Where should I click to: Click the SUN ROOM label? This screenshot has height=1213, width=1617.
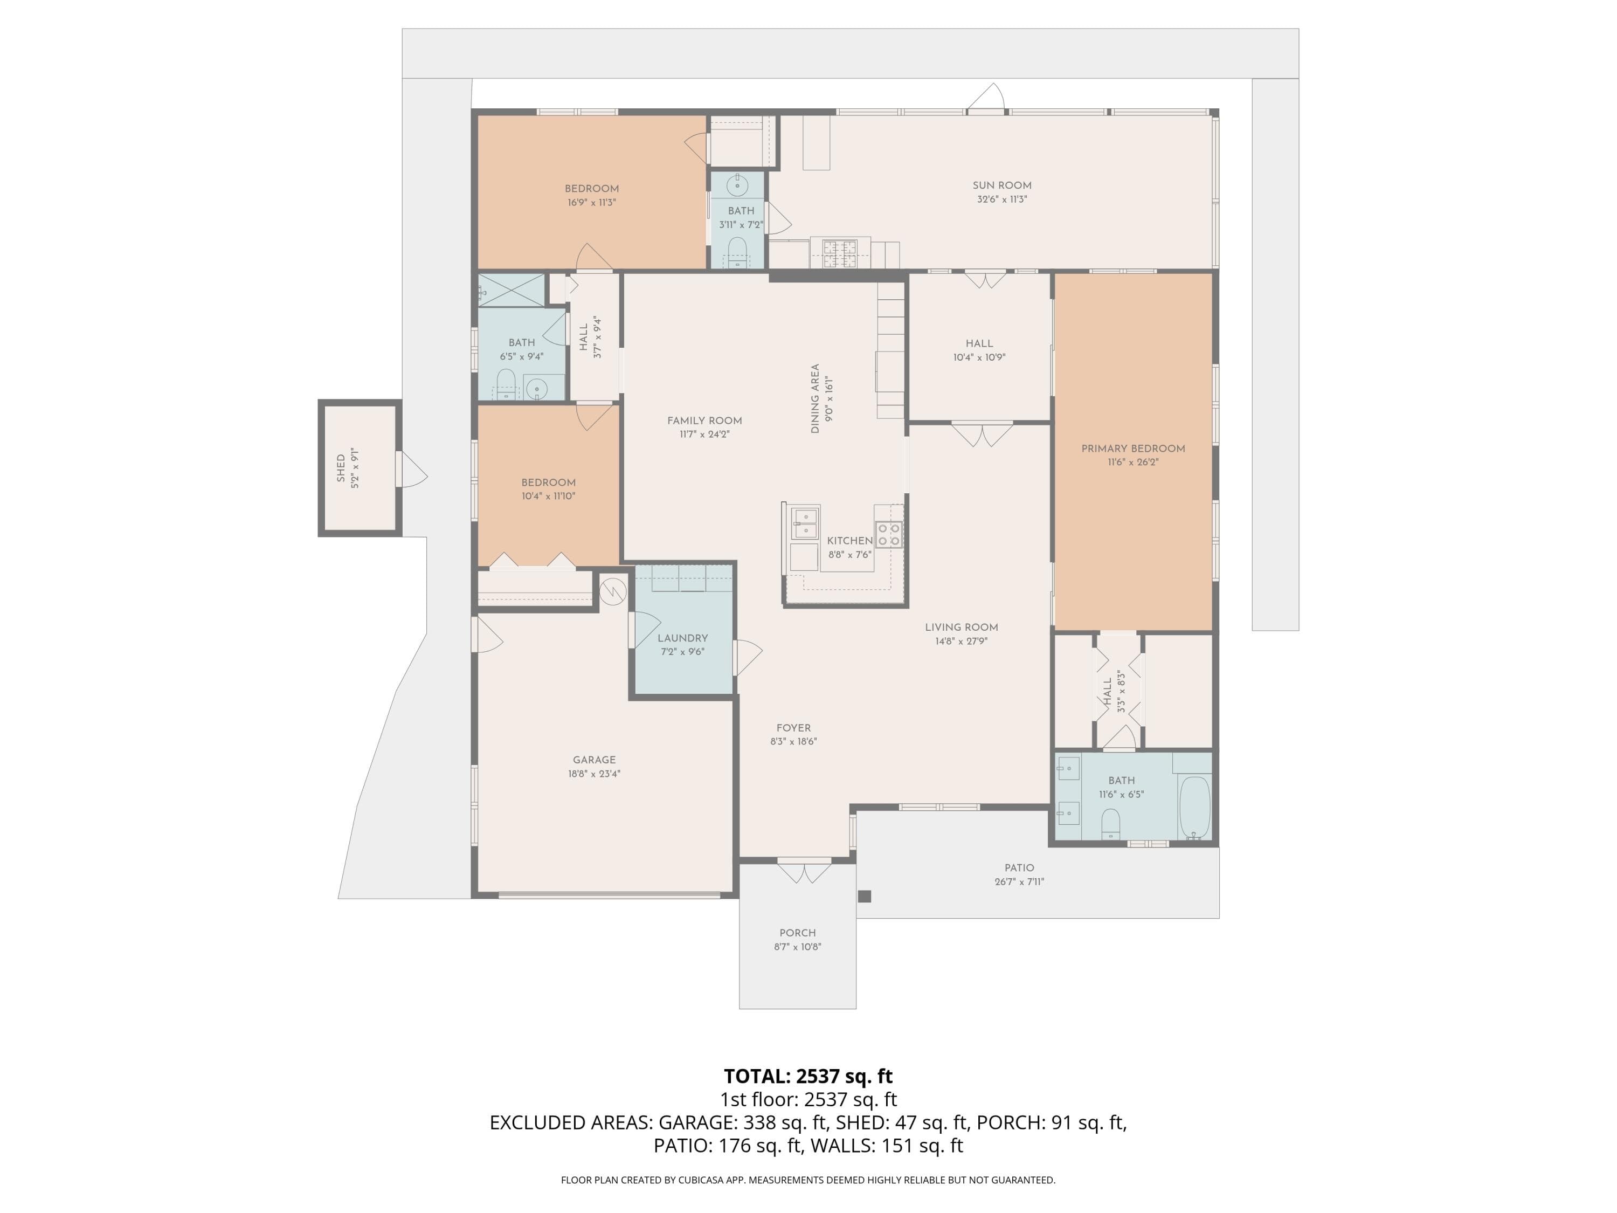[1001, 185]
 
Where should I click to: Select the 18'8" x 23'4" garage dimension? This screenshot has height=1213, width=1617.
[595, 774]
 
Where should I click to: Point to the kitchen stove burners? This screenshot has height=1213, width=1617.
[889, 534]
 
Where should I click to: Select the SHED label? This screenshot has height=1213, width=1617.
[341, 468]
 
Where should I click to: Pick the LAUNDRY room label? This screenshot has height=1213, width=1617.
[683, 638]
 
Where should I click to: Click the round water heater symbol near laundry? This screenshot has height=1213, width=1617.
[613, 591]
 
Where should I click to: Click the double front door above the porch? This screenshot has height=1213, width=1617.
[804, 872]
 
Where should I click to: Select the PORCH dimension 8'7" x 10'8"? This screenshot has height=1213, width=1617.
[798, 947]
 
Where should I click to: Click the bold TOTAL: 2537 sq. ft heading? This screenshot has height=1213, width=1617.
[808, 1076]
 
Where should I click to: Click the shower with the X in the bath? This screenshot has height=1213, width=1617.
[512, 290]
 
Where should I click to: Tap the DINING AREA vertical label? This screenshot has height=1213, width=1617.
[815, 399]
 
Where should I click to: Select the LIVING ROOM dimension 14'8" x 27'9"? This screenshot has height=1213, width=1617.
[961, 641]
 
